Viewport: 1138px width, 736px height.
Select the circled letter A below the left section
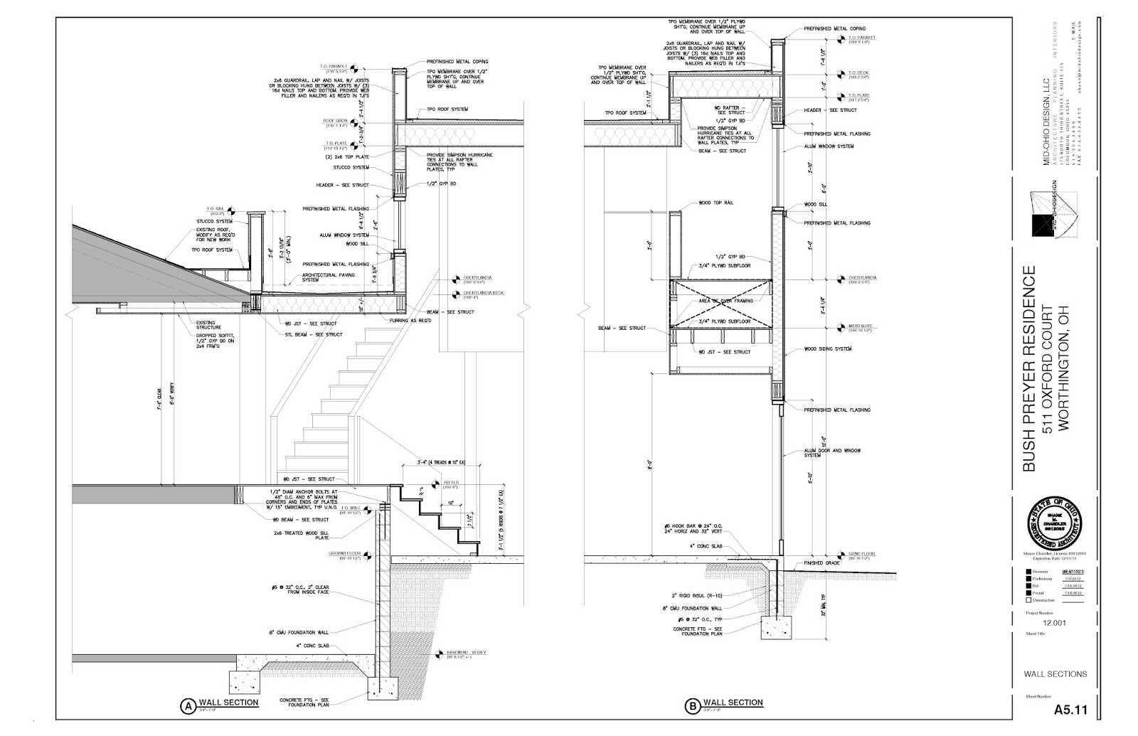(x=187, y=706)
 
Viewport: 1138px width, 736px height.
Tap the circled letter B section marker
(x=691, y=706)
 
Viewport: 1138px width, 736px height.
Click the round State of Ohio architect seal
(x=1055, y=526)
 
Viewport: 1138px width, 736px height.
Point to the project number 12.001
(x=1056, y=624)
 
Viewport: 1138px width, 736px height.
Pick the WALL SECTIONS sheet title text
(x=1055, y=674)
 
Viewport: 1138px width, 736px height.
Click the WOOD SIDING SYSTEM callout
(x=828, y=349)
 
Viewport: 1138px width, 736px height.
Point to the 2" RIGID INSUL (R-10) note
(x=696, y=595)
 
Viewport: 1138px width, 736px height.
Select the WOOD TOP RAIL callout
(x=716, y=203)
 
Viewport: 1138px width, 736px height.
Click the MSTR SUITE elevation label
(x=859, y=326)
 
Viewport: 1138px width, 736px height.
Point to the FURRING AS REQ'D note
(x=413, y=321)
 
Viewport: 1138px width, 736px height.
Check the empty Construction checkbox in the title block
(x=1028, y=599)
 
